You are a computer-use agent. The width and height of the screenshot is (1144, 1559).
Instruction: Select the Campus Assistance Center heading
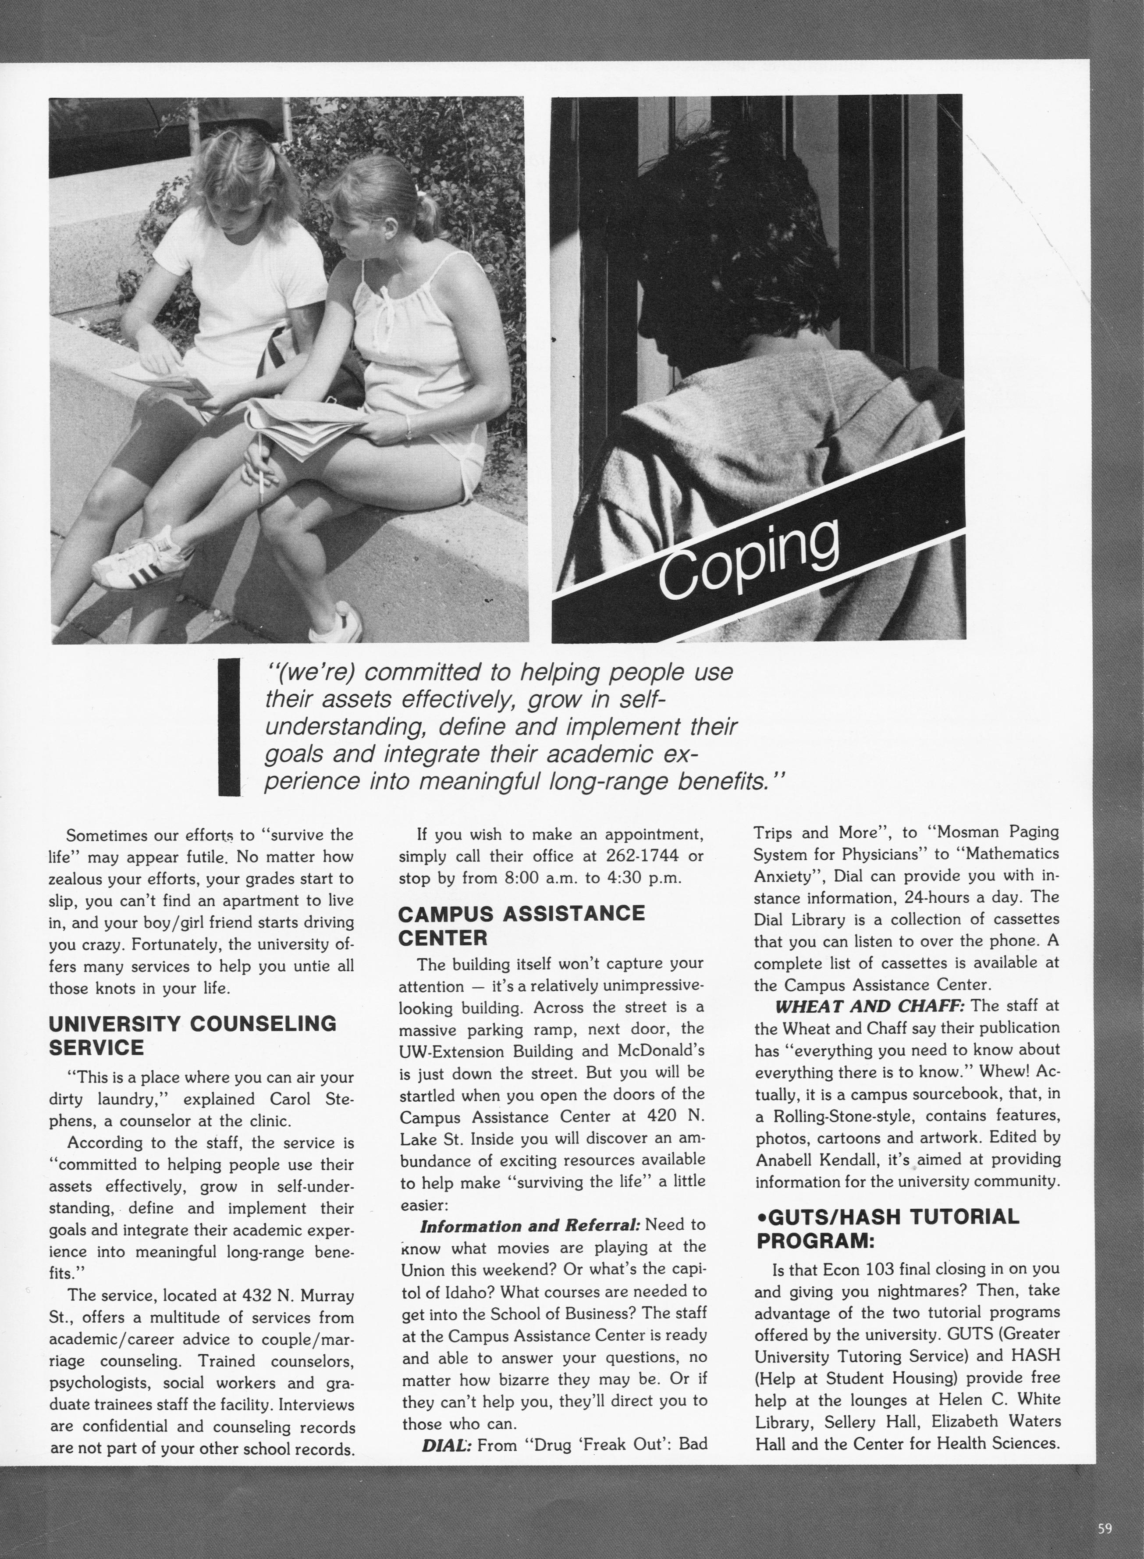pyautogui.click(x=521, y=925)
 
